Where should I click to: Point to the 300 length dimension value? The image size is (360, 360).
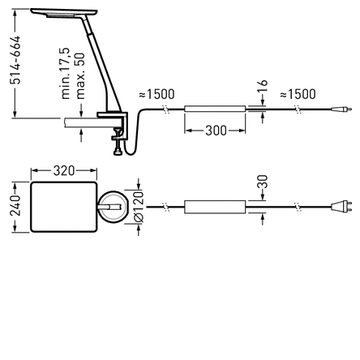216,130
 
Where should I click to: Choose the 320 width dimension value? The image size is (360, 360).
63,171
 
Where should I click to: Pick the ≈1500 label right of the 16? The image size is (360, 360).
298,95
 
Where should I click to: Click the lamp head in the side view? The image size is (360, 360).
63,14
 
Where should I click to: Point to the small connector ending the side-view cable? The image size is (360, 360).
346,108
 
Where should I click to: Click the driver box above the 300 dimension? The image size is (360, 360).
215,108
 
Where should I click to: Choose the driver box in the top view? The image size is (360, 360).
215,207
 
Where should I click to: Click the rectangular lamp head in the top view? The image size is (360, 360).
63,206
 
